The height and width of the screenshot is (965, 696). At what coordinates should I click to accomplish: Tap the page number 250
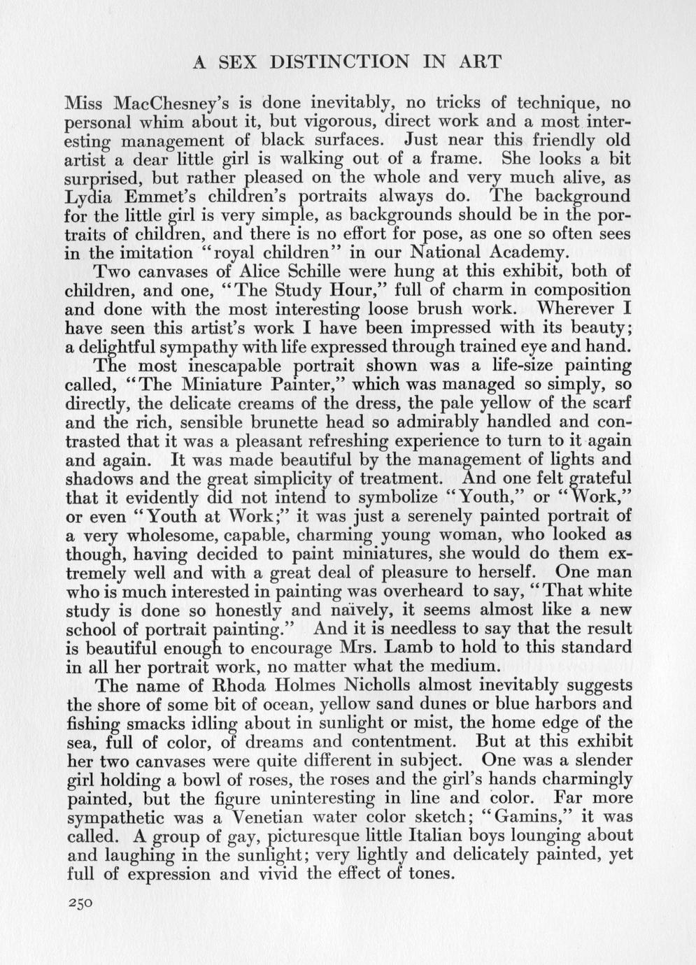(x=80, y=903)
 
